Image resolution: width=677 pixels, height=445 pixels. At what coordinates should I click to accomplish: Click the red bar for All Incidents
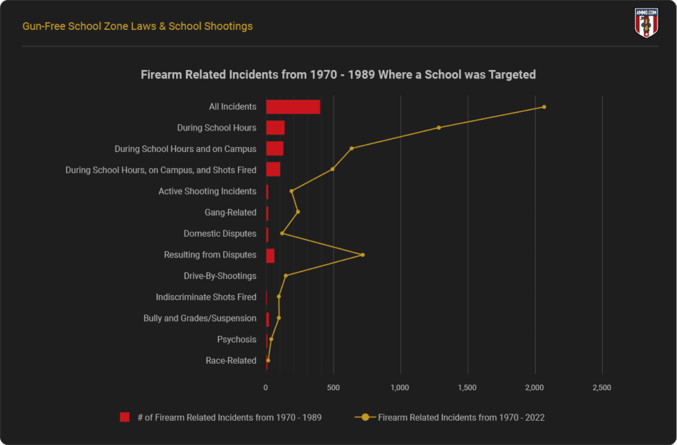[293, 107]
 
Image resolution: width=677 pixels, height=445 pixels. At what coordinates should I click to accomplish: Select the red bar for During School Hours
[275, 128]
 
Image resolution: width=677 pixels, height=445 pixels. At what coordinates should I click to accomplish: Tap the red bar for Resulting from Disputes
[270, 255]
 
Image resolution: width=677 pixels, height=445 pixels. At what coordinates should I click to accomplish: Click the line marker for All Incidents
[544, 107]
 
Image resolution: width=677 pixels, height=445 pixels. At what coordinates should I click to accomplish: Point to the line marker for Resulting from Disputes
[363, 255]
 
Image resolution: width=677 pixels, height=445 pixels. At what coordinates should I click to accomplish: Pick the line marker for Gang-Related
[298, 212]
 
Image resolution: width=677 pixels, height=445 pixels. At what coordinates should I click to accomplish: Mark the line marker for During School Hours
[439, 128]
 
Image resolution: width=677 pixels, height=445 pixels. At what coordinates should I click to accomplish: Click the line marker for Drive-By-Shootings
[286, 276]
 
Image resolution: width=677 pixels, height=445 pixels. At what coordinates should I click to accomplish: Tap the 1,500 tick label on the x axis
[467, 388]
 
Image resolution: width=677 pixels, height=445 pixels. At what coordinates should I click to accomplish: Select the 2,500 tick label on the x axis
[602, 388]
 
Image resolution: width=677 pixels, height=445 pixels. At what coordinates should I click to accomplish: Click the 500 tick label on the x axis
[333, 388]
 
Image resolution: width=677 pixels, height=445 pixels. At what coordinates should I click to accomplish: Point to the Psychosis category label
[237, 339]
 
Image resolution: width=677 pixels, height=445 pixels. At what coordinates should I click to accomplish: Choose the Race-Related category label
[231, 361]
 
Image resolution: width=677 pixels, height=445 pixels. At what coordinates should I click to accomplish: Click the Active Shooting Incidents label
[207, 191]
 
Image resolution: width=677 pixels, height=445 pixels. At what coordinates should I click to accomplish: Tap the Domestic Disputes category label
[219, 234]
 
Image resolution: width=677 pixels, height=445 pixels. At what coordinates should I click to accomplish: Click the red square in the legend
[125, 417]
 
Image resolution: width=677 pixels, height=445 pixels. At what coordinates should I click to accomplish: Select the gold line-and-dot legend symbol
[365, 417]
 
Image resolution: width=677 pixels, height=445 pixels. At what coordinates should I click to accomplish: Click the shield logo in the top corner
[646, 23]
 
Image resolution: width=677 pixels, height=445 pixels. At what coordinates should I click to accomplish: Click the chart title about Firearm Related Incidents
[338, 74]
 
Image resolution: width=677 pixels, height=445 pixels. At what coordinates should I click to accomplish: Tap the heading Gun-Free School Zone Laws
[138, 26]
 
